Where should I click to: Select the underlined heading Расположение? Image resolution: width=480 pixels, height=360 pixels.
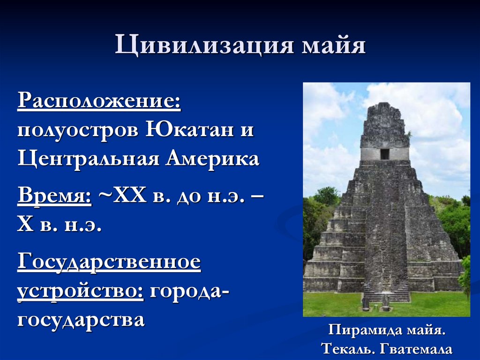point(99,101)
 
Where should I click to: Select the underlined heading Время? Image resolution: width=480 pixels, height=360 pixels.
point(54,195)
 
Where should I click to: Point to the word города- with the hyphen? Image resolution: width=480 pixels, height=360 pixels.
point(189,292)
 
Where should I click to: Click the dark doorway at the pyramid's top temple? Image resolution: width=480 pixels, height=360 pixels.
point(384,154)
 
